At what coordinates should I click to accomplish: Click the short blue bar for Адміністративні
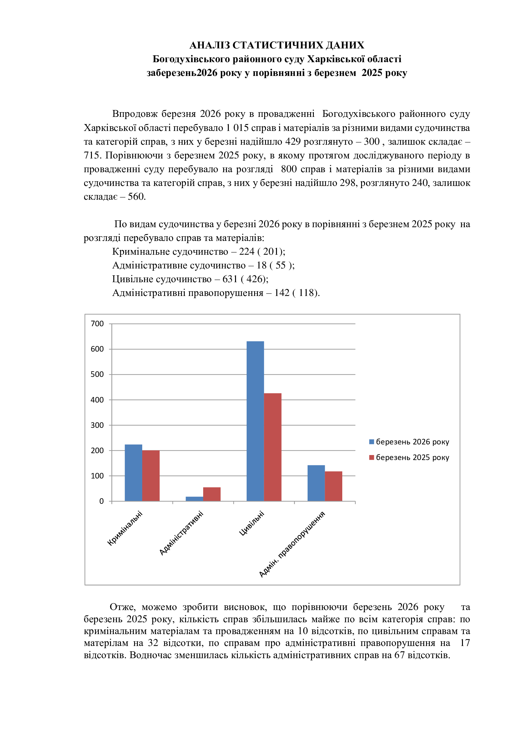click(x=194, y=498)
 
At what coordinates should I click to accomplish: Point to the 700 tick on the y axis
click(x=98, y=324)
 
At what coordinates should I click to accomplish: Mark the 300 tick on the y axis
click(x=98, y=425)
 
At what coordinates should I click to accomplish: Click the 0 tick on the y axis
click(x=102, y=501)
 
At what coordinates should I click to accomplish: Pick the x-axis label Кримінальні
click(x=125, y=528)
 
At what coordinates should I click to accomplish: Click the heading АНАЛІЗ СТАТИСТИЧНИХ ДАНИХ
click(x=277, y=45)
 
